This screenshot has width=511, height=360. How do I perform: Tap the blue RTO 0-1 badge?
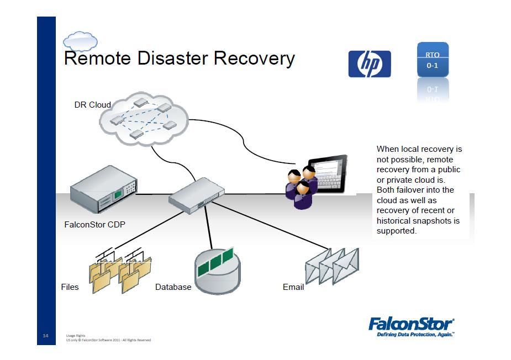pyautogui.click(x=432, y=60)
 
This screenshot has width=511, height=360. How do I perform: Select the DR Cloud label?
pyautogui.click(x=92, y=105)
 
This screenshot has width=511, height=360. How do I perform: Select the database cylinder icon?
pyautogui.click(x=219, y=272)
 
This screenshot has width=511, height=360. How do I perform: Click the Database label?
pyautogui.click(x=173, y=287)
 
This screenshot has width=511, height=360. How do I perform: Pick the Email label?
pyautogui.click(x=293, y=287)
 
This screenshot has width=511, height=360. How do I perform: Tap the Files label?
pyautogui.click(x=70, y=287)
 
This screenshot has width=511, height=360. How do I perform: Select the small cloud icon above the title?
pyautogui.click(x=81, y=41)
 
